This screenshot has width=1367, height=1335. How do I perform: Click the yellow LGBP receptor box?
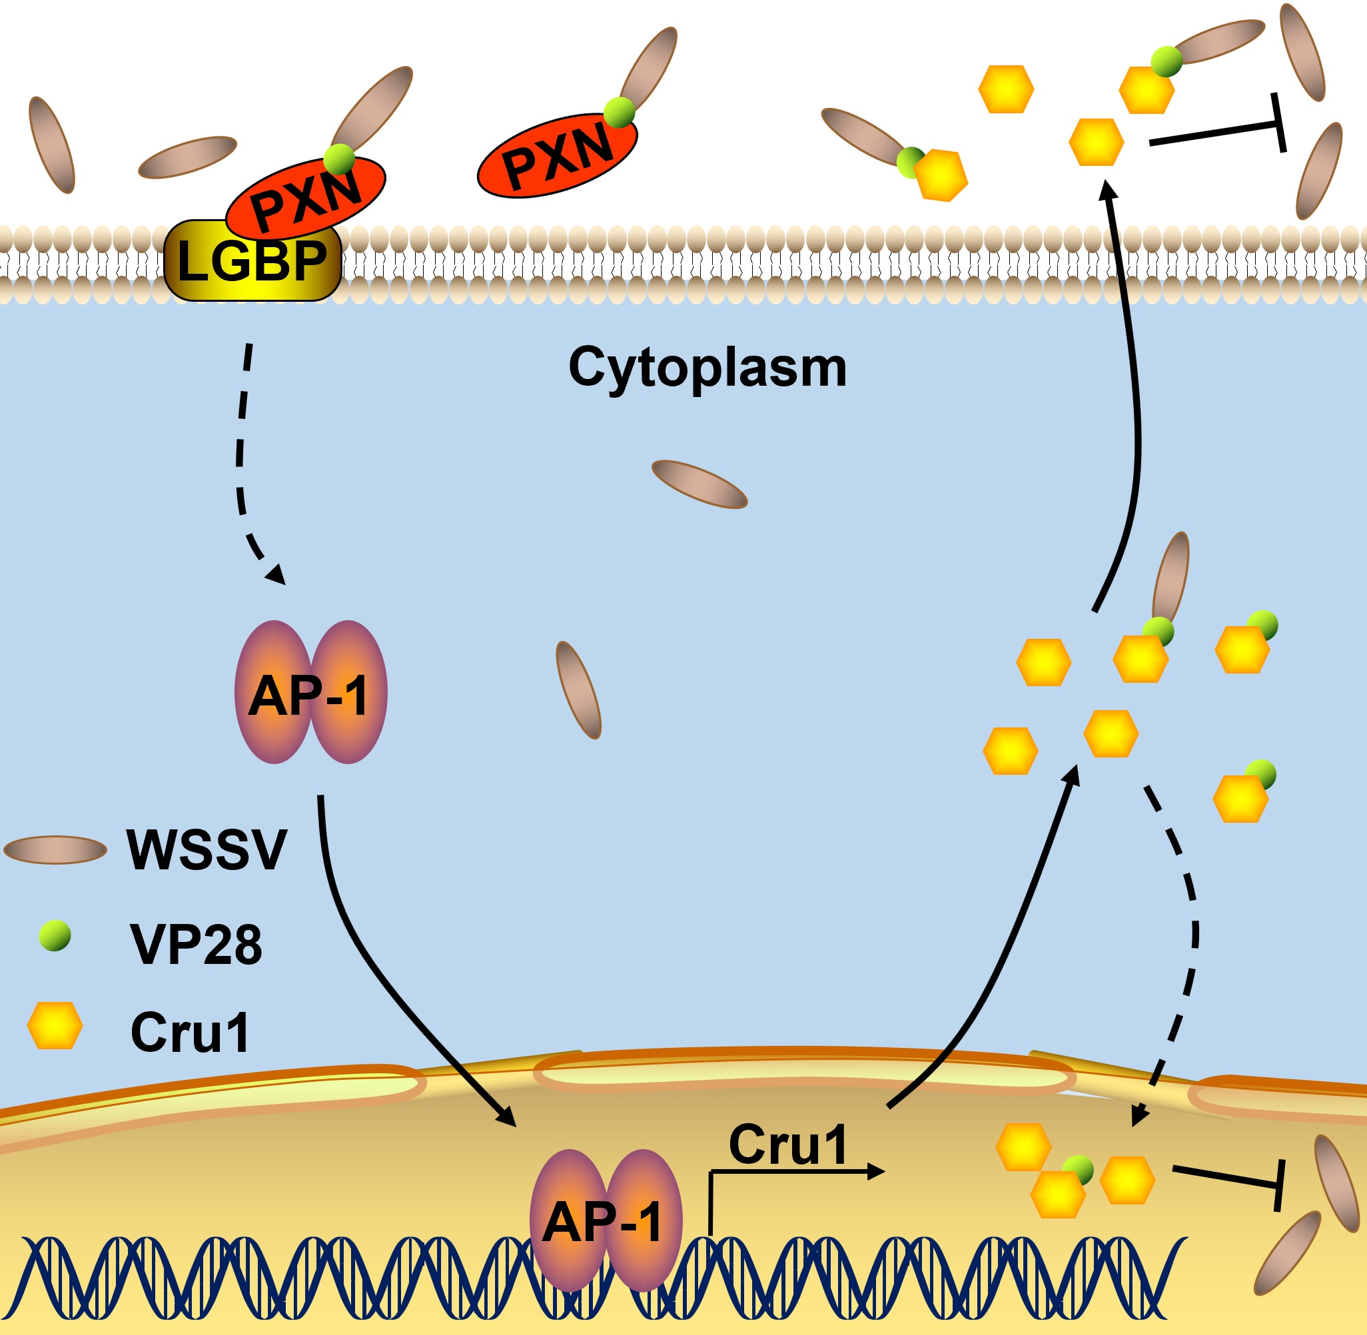(x=252, y=261)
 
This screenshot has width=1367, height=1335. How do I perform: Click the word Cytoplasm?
(x=707, y=368)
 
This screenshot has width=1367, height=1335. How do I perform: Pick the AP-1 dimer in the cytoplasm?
(x=310, y=692)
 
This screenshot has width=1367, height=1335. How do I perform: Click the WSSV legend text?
(x=207, y=850)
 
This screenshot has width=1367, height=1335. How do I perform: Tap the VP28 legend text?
(x=197, y=945)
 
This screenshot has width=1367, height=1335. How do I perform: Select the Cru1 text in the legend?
(x=190, y=1032)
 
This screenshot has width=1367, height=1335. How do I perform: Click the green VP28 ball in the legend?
(x=55, y=937)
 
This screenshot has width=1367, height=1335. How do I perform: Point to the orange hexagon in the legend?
(x=55, y=1025)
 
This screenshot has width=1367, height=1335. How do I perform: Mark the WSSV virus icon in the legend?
(x=55, y=850)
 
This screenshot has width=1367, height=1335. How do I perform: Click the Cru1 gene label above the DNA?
(x=788, y=1144)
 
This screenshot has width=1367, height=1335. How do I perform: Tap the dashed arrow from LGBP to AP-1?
(x=242, y=456)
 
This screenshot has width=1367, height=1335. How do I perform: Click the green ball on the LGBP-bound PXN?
(x=340, y=159)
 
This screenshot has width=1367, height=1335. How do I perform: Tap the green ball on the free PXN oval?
(x=619, y=112)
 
